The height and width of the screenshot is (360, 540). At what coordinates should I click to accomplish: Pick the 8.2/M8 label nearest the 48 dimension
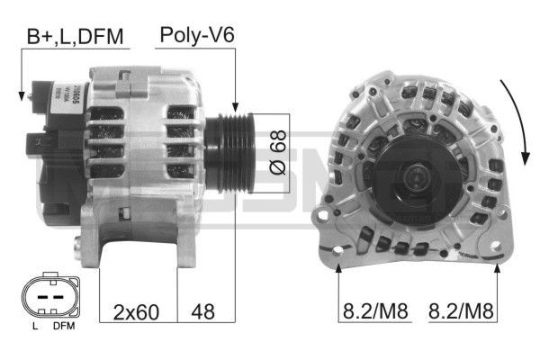[x=374, y=313]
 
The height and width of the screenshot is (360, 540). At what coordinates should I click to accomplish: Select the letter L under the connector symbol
[x=35, y=326]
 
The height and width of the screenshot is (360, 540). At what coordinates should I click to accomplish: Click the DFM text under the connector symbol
[x=64, y=326]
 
